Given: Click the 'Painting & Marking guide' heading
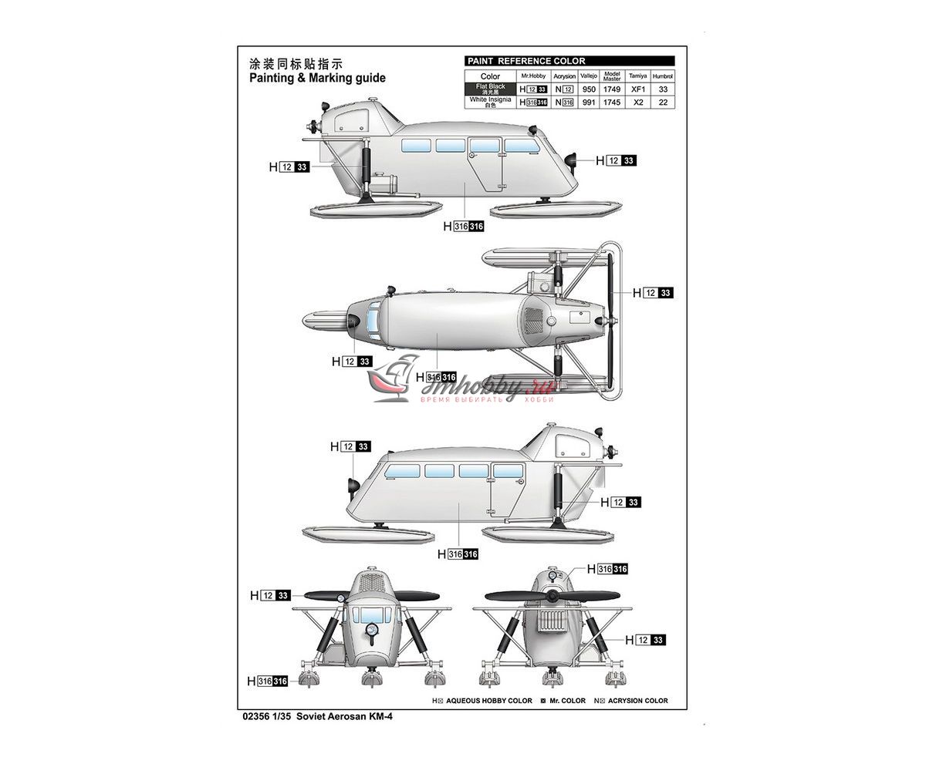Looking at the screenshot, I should pos(317,78).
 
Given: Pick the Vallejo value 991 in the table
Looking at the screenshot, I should pos(588,102).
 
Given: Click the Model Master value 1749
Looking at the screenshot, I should pos(611,89).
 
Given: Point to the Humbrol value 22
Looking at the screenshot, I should pos(663,102).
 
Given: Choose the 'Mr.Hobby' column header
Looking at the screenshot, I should pos(532,76).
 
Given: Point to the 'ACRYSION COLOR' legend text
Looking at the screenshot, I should pos(637,701).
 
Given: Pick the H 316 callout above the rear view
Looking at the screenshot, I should pos(607,569).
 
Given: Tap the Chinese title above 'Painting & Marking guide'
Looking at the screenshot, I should pos(296,64).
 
